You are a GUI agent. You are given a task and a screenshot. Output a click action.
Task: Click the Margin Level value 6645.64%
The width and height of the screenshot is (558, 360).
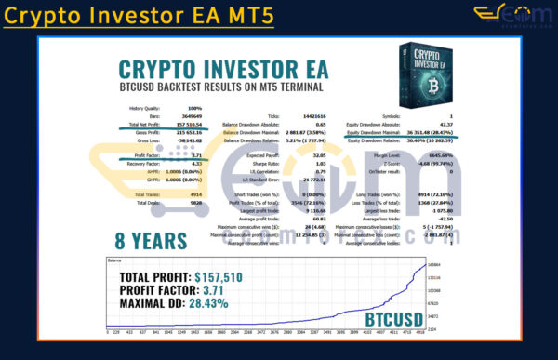437,154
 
